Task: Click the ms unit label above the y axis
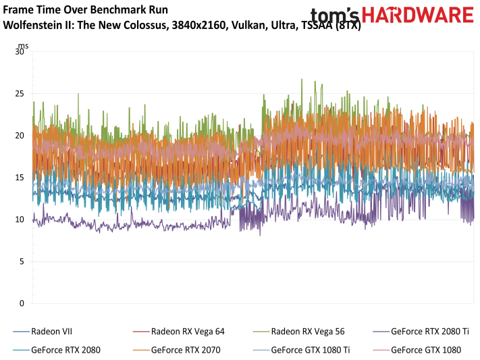click(x=22, y=45)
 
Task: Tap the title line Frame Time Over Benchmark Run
click(x=86, y=11)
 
